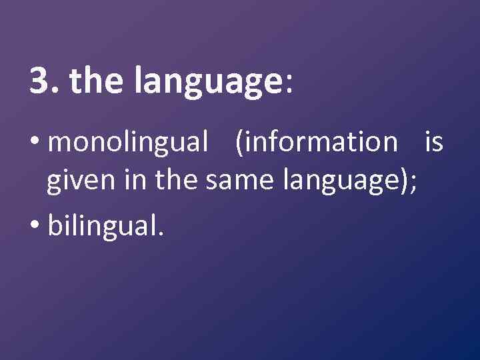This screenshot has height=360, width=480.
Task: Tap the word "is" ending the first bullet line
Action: click(x=433, y=141)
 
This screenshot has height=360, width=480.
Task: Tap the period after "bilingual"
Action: click(x=158, y=235)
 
